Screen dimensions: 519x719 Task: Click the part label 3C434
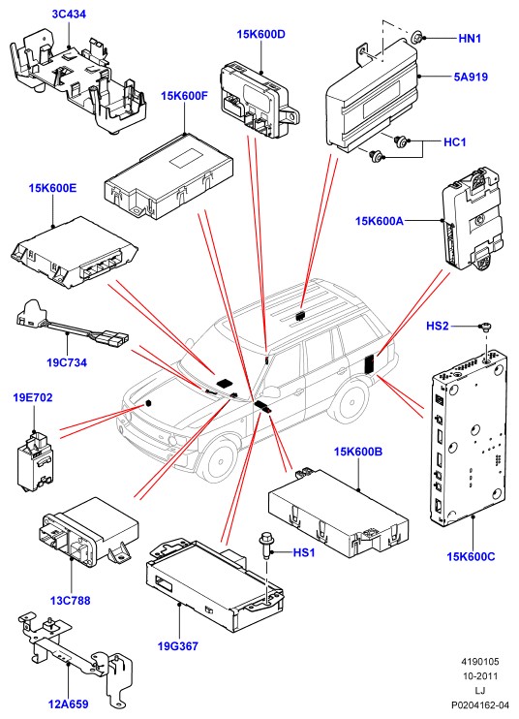69,15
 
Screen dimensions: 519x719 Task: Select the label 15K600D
261,34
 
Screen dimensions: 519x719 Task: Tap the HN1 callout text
470,39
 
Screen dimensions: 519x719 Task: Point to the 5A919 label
471,78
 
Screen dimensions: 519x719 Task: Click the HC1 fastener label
455,142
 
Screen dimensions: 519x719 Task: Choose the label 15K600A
380,221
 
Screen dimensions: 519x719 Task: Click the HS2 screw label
438,326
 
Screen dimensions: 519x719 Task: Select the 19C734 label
67,362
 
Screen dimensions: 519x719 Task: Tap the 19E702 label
33,397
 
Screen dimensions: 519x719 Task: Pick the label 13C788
70,600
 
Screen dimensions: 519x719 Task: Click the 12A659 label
68,703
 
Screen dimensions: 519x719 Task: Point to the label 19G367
178,646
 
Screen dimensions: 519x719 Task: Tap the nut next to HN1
416,37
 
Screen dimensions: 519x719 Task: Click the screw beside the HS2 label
485,327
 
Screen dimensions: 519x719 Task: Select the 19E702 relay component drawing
35,460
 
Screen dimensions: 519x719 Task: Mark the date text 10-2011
480,676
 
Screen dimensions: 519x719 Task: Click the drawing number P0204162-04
480,704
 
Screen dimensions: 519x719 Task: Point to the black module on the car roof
301,316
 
